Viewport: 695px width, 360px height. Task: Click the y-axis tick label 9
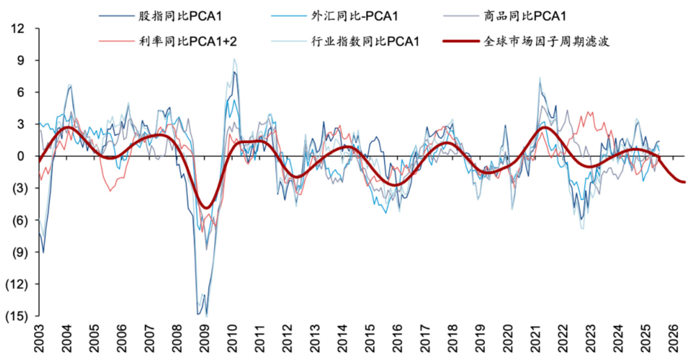coord(22,61)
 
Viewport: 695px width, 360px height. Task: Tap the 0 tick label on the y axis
coord(22,156)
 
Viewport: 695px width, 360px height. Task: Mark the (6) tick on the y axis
coord(18,220)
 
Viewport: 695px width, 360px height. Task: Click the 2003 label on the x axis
coord(40,338)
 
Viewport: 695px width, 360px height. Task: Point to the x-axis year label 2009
coord(205,338)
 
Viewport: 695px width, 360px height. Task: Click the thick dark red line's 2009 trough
coord(206,208)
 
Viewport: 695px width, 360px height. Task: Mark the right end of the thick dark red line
coord(685,182)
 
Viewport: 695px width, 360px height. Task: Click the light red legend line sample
coord(116,41)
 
